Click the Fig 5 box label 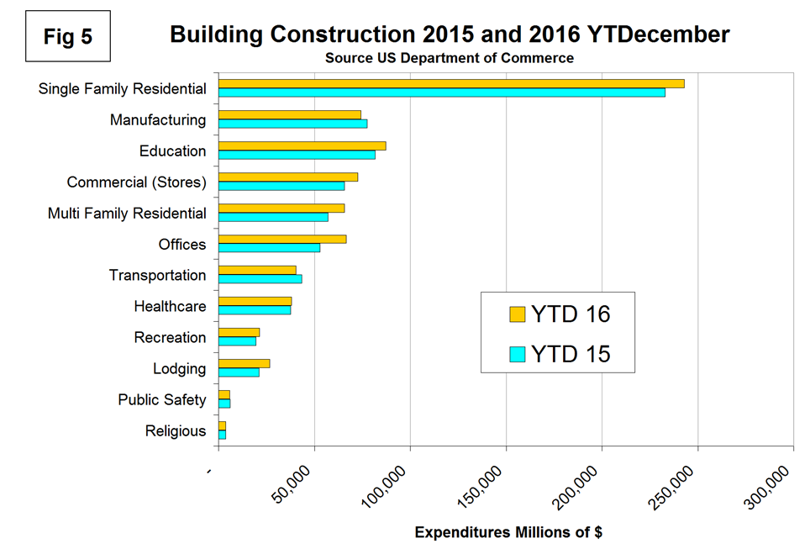(69, 38)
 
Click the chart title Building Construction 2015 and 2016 (450, 34)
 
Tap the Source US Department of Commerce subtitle (450, 58)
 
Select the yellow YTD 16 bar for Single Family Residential (451, 83)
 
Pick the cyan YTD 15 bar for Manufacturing (292, 124)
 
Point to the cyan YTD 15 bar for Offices (269, 247)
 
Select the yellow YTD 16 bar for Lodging (244, 363)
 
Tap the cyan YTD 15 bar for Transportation (260, 278)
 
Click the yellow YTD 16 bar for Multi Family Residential (281, 208)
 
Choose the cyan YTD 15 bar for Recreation (237, 341)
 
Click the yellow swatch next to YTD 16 (517, 314)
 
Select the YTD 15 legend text (572, 354)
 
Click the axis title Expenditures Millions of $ (508, 532)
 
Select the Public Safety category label (161, 399)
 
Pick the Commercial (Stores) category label (136, 182)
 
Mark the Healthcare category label (170, 306)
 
